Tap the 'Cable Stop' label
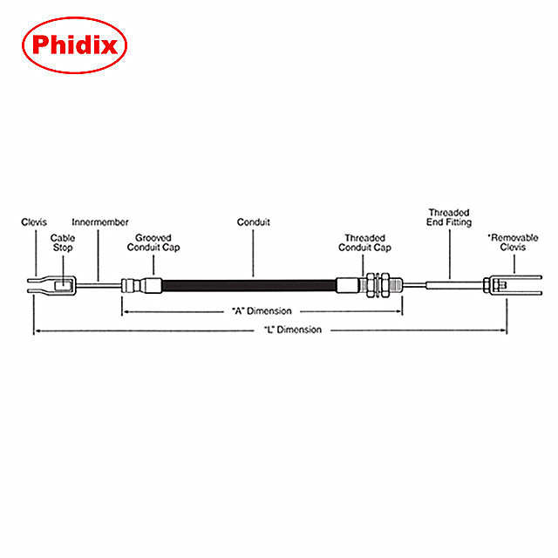click(62, 242)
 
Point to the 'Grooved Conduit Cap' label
click(153, 242)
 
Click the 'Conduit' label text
click(254, 222)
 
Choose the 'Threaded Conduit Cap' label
click(364, 242)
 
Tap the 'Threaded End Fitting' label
click(448, 217)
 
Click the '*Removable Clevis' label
click(505, 242)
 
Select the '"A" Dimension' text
click(261, 310)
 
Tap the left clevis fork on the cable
click(39, 283)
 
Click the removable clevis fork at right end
click(523, 284)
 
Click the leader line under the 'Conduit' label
click(254, 253)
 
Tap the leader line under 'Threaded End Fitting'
click(448, 253)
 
